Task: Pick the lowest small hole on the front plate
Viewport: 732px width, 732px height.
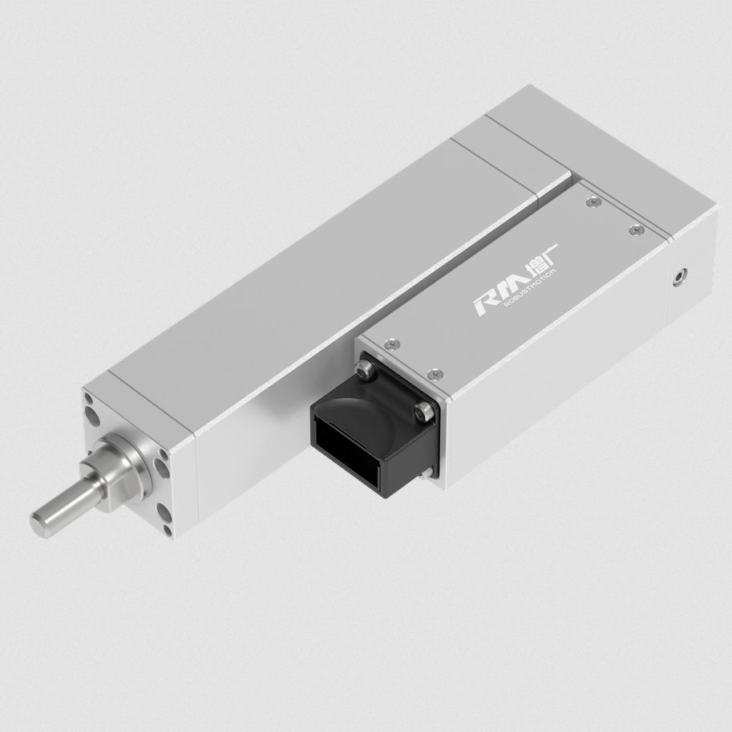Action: tap(167, 529)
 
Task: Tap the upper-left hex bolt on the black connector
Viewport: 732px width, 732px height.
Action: tap(364, 370)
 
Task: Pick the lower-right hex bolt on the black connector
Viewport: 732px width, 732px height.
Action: tap(423, 412)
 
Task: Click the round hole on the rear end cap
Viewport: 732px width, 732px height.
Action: tap(680, 277)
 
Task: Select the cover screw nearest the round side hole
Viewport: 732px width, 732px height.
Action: tap(637, 230)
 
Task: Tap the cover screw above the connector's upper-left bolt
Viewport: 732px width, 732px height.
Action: tap(390, 343)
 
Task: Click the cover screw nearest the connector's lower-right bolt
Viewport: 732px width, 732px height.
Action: tap(435, 373)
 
